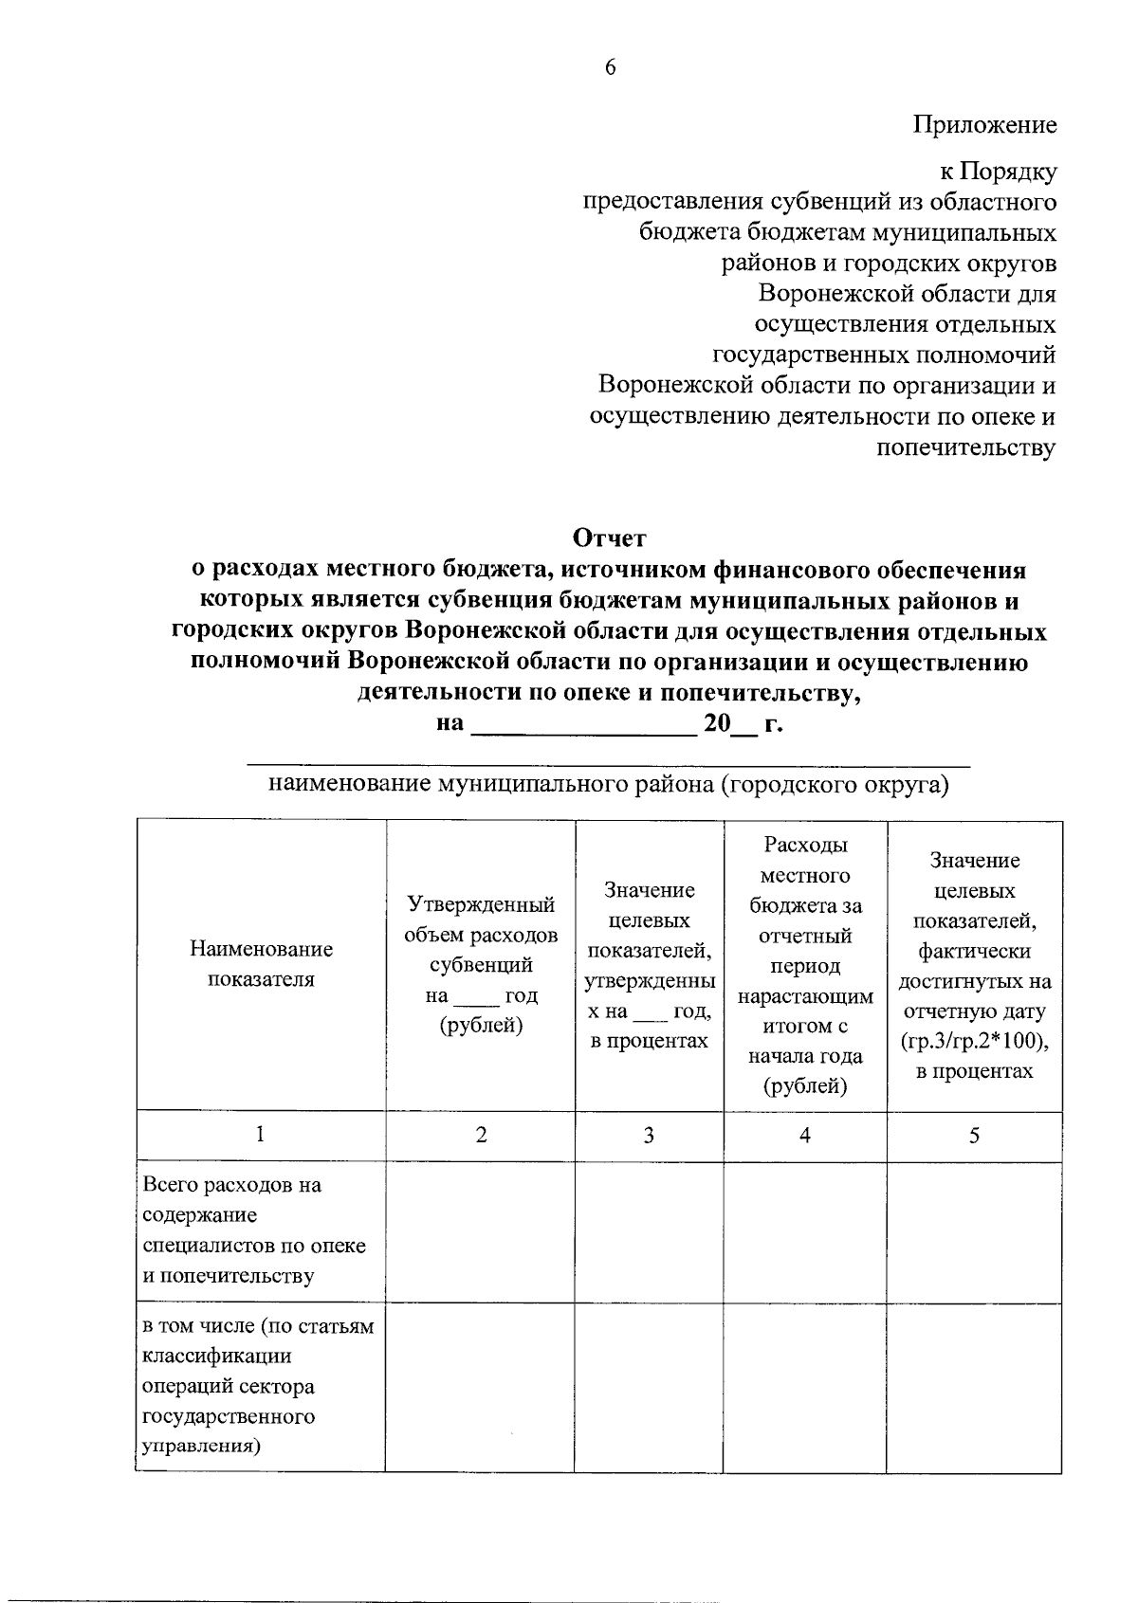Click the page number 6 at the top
[610, 67]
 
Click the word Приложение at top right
[985, 125]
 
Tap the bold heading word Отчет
[609, 538]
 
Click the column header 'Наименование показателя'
[261, 963]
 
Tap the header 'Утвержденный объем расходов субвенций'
[481, 935]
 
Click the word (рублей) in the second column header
[482, 1026]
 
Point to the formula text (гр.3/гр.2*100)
[975, 1041]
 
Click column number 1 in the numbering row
[260, 1135]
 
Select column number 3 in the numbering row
[649, 1135]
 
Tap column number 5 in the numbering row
[974, 1135]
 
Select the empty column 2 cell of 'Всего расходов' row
[480, 1230]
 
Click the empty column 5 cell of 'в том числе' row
[974, 1386]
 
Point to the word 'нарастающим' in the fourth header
[805, 996]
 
